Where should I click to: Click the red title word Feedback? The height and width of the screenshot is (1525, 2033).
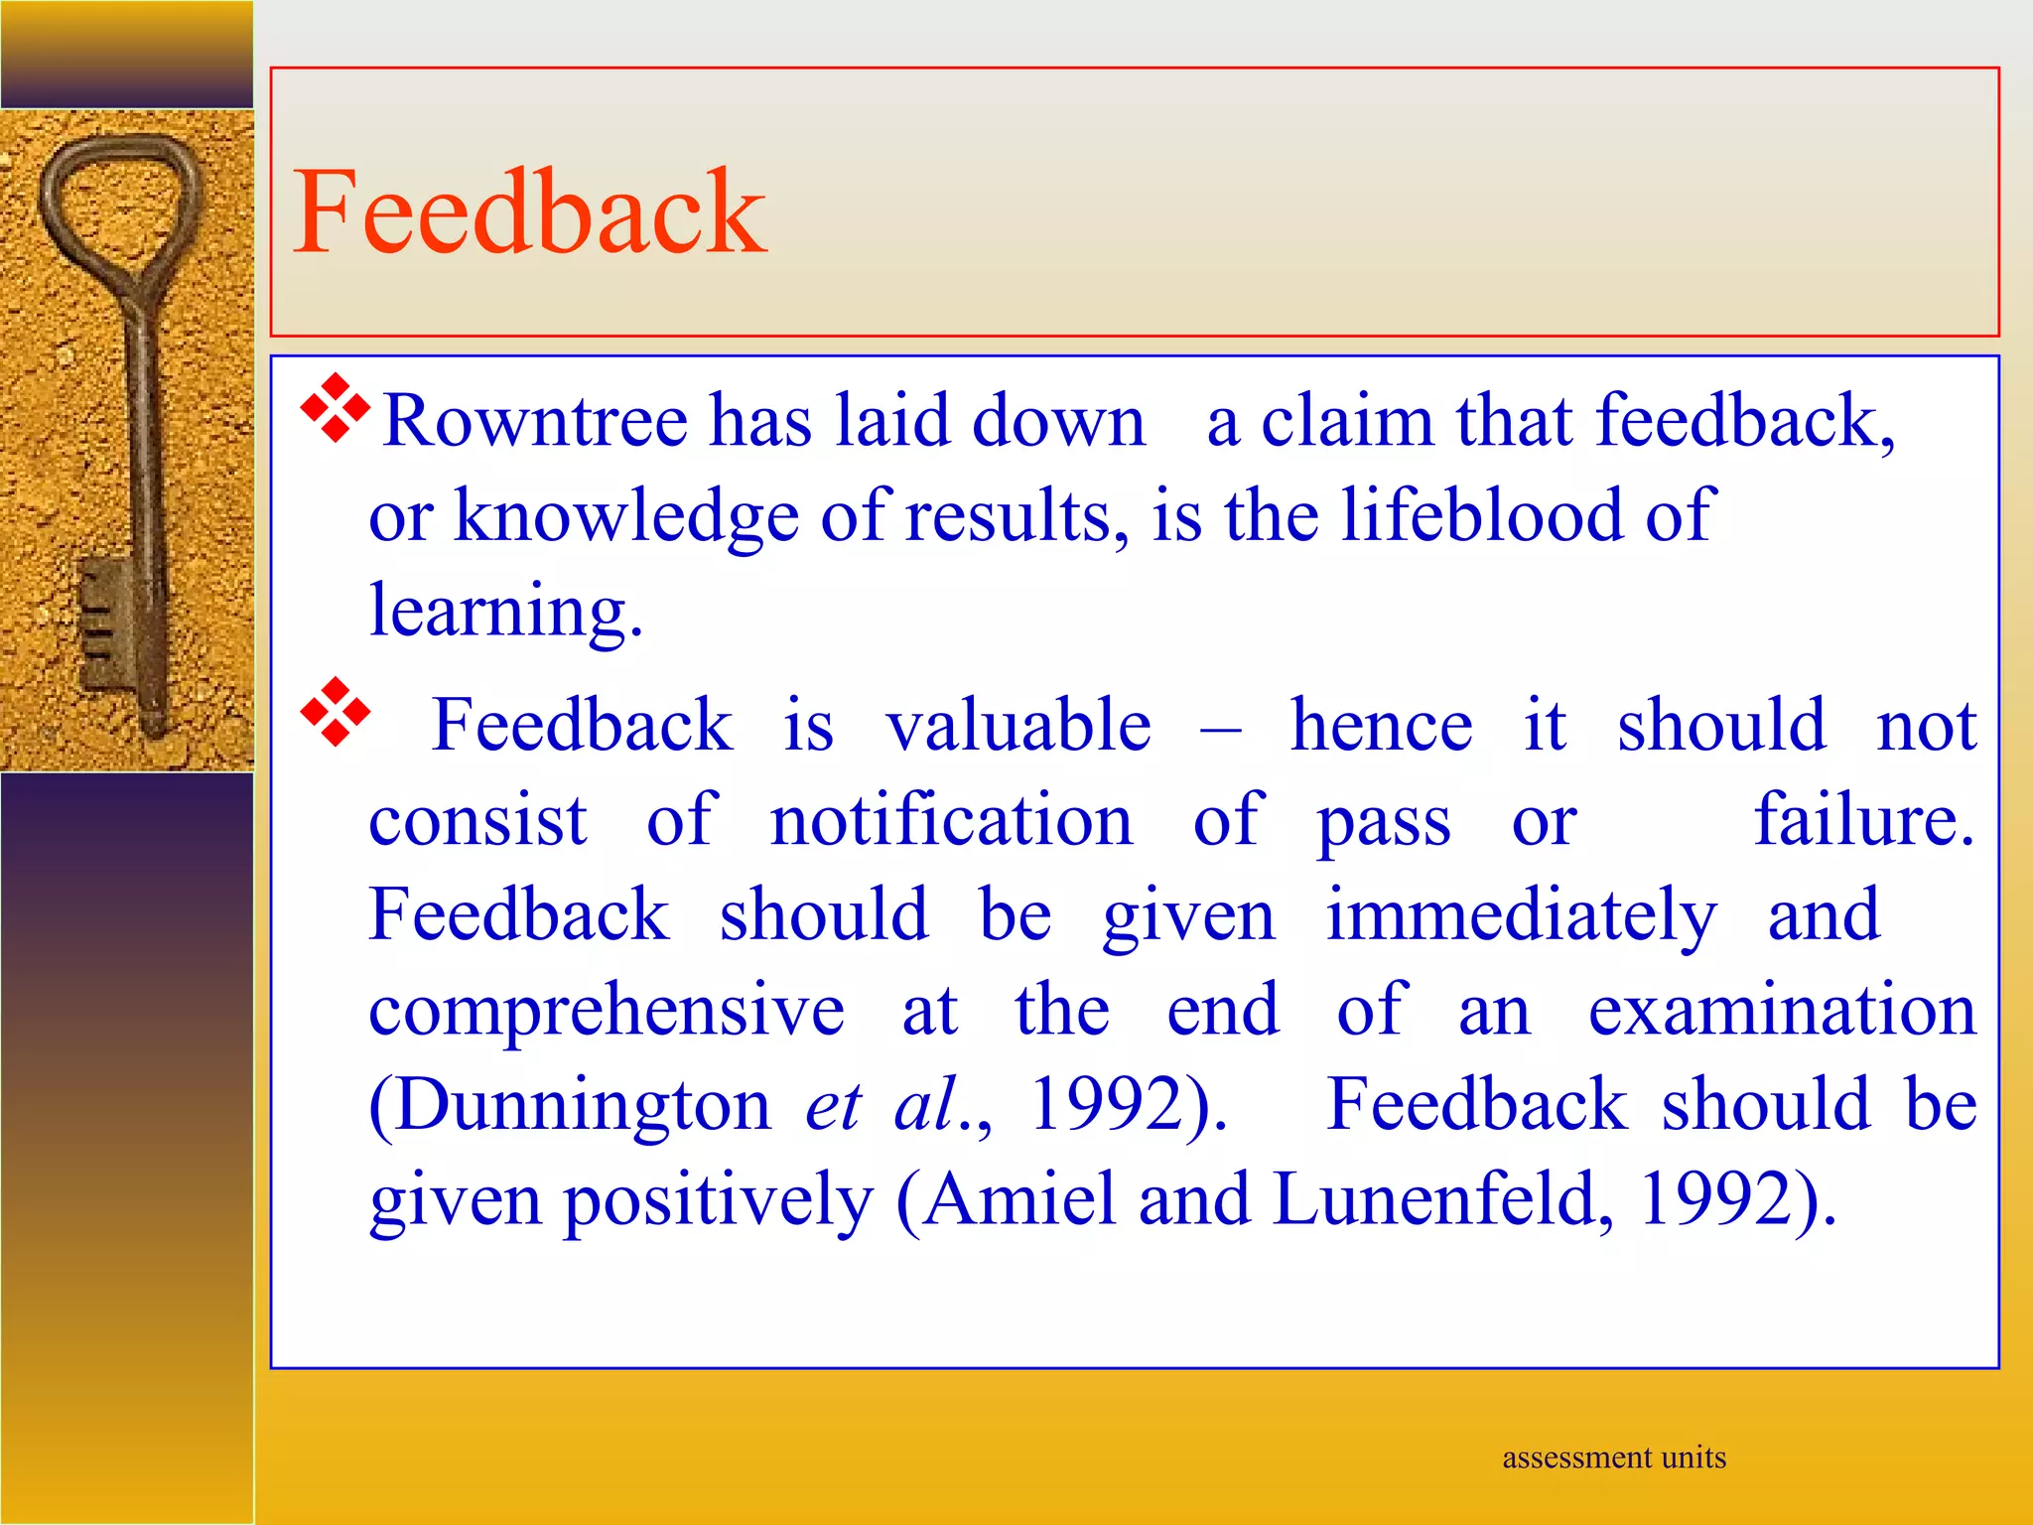pyautogui.click(x=529, y=212)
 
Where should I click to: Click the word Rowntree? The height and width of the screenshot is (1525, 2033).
pyautogui.click(x=535, y=421)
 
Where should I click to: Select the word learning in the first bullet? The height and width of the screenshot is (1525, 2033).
pyautogui.click(x=505, y=610)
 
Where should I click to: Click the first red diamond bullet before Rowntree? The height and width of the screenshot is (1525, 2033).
pyautogui.click(x=336, y=407)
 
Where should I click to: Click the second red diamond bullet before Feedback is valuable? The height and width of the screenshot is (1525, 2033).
pyautogui.click(x=336, y=711)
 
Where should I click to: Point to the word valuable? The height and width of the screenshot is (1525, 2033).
pyautogui.click(x=1017, y=725)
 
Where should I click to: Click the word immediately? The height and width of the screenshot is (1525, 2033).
pyautogui.click(x=1520, y=915)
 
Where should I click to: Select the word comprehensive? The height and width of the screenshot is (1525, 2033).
pyautogui.click(x=607, y=1011)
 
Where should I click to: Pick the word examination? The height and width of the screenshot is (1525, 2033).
pyautogui.click(x=1782, y=1011)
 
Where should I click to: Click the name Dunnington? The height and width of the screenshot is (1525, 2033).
pyautogui.click(x=570, y=1104)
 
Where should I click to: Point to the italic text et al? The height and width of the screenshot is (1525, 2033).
pyautogui.click(x=883, y=1104)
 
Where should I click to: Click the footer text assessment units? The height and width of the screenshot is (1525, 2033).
pyautogui.click(x=1614, y=1457)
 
